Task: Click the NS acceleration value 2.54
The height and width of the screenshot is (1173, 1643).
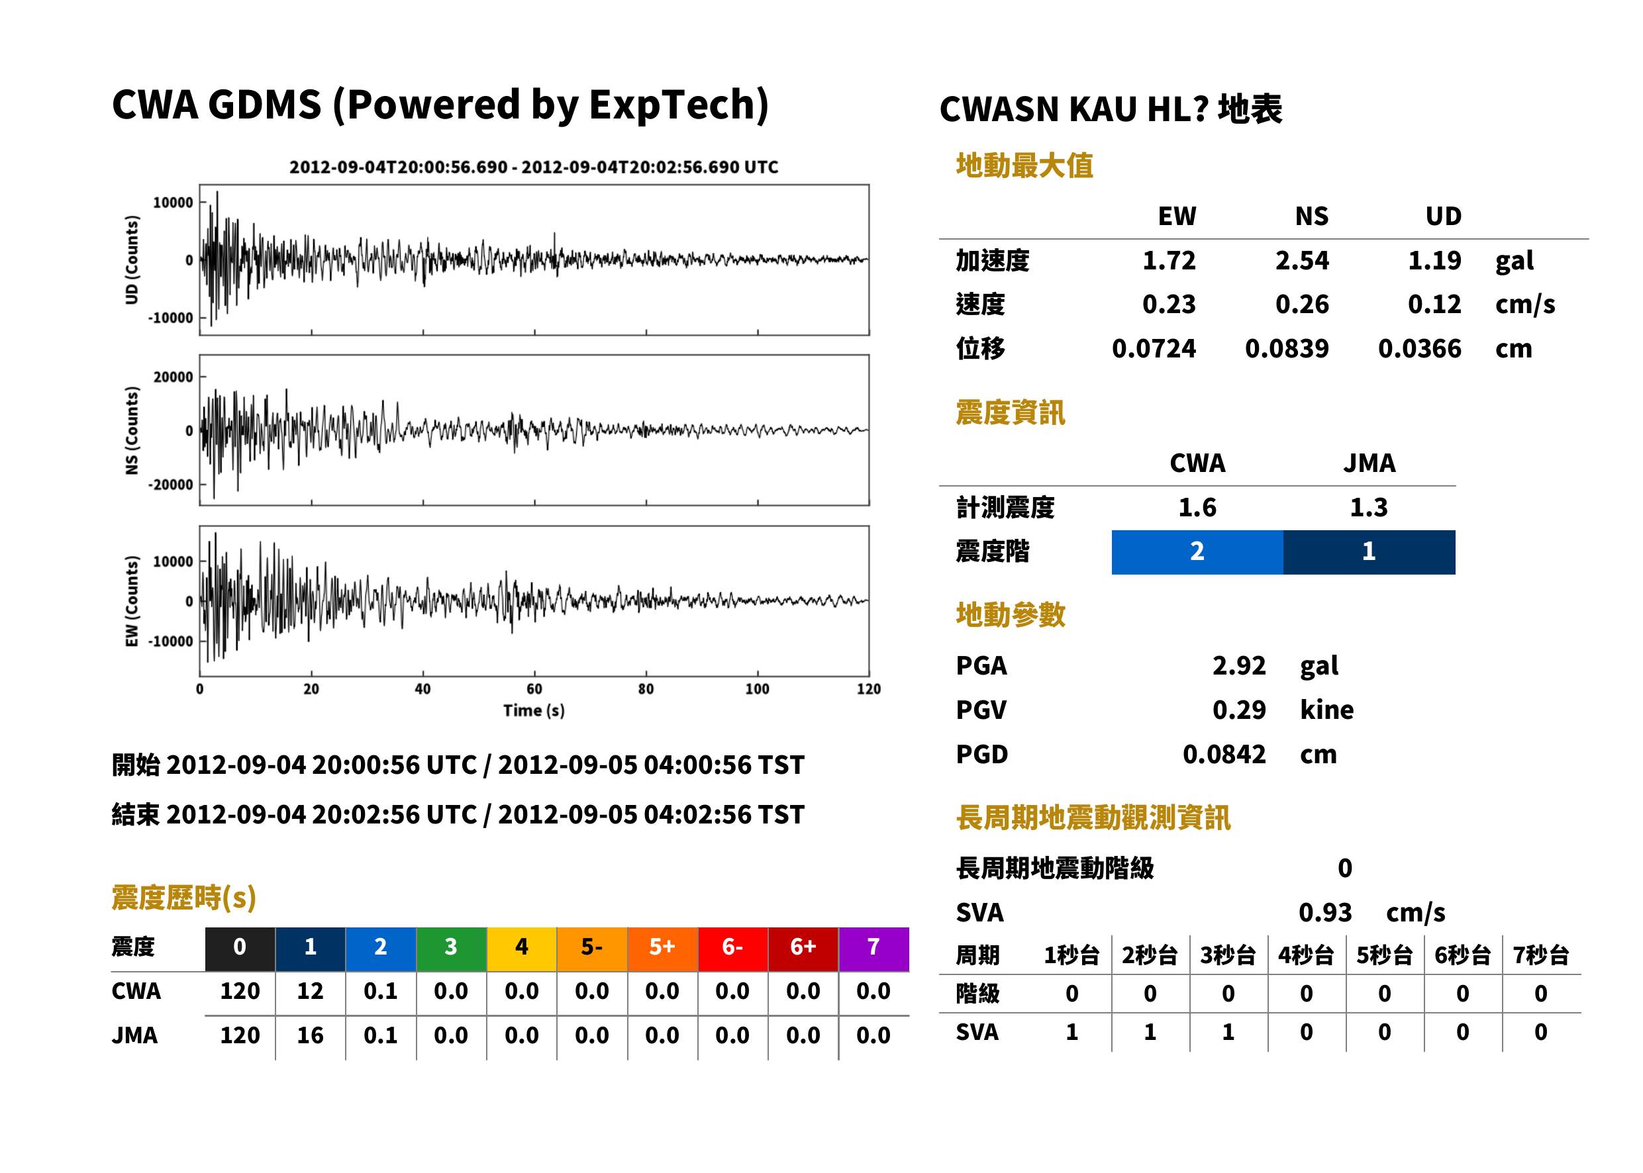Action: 1301,260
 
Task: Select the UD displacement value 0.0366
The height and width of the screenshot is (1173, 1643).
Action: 1419,349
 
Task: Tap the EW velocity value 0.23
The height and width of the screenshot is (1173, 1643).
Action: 1168,304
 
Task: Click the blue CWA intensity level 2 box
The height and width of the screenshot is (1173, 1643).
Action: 1197,552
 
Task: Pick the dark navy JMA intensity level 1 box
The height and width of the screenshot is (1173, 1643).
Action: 1369,552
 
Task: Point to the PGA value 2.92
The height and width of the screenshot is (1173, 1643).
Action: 1239,665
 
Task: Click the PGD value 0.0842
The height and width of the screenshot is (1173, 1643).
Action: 1224,754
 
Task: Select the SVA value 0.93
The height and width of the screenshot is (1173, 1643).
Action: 1325,912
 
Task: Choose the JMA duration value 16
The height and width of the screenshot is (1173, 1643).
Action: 310,1036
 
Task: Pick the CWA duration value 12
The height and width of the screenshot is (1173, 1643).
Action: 310,991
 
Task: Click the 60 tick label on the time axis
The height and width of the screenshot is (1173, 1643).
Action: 534,689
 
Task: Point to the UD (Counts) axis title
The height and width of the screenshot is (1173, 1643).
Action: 132,259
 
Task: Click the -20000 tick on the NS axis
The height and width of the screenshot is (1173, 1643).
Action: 172,485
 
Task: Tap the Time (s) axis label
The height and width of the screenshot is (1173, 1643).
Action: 534,711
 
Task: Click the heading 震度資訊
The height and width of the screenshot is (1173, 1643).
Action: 1010,413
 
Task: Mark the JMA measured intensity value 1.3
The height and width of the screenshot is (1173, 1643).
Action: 1369,508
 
